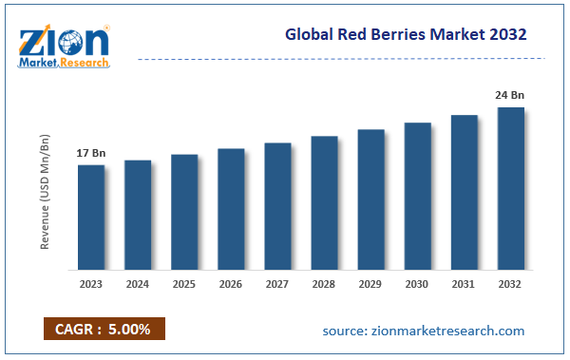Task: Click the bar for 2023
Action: (x=91, y=217)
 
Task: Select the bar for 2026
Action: (x=231, y=209)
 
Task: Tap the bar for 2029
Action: (x=370, y=199)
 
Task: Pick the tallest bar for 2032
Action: (x=510, y=188)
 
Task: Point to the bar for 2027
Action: (x=277, y=206)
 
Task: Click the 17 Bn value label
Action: (x=91, y=152)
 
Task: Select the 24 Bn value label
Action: (x=510, y=95)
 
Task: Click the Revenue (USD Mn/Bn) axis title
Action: (x=45, y=192)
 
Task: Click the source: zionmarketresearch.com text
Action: (x=424, y=330)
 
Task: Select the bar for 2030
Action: (x=417, y=196)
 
